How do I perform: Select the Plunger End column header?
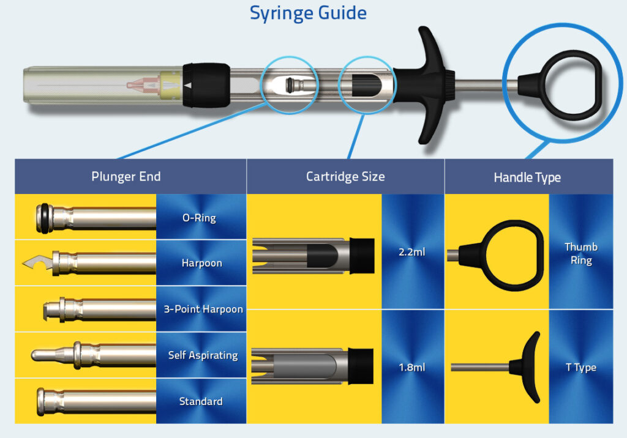[x=126, y=177]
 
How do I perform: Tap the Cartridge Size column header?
[x=345, y=177]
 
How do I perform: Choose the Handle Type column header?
[x=527, y=177]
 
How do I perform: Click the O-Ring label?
[x=199, y=217]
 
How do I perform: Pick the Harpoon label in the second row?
[x=201, y=263]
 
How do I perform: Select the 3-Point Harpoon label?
[x=203, y=309]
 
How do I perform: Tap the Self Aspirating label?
[x=203, y=355]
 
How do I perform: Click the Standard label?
[x=201, y=401]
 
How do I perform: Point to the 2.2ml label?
[x=411, y=251]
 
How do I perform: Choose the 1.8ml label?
[x=411, y=368]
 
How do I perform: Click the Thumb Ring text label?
[x=580, y=253]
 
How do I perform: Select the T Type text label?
[x=580, y=368]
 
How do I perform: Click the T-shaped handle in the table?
[x=527, y=367]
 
